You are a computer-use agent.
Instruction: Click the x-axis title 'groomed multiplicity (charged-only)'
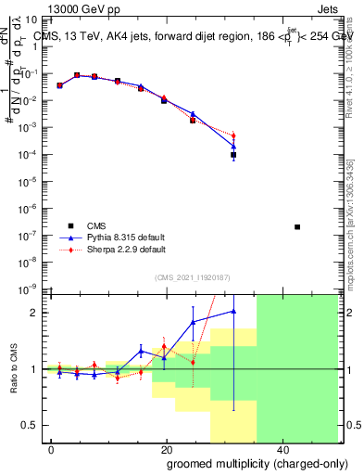244,462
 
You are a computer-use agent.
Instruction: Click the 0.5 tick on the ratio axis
31,425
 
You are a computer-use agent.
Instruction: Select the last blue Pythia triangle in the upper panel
233,147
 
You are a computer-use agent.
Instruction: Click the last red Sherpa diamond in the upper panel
233,136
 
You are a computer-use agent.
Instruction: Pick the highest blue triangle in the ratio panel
233,312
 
